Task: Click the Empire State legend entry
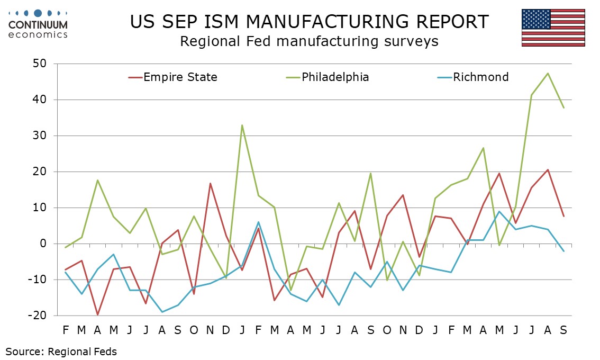coord(173,77)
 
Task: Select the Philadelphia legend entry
coord(328,77)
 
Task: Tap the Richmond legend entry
coord(473,77)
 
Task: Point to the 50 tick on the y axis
coord(40,64)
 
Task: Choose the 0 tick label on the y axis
coord(43,244)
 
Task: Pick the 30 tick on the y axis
coord(40,136)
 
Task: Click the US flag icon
coord(553,28)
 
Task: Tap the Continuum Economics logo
coord(38,24)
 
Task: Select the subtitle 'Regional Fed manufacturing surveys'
coord(309,41)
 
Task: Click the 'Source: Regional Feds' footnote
coord(61,352)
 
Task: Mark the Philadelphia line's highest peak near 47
coord(548,73)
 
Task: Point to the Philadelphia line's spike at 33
coord(242,125)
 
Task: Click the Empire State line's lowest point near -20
coord(97,315)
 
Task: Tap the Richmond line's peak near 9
coord(499,211)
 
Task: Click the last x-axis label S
coord(563,330)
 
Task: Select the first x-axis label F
coord(66,330)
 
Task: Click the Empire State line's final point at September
coord(563,217)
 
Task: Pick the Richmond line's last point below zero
coord(563,251)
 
